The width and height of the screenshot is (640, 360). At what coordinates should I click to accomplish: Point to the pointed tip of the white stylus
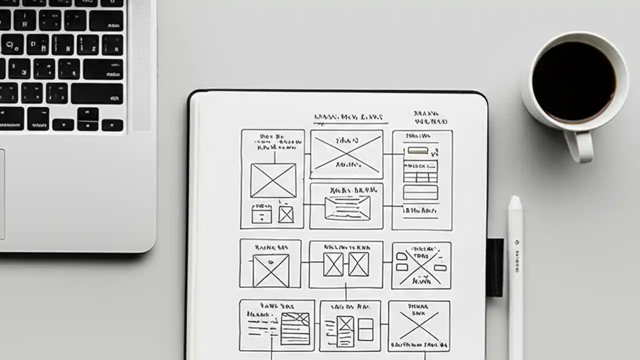click(x=514, y=198)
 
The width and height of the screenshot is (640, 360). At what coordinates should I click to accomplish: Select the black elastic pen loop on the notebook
click(x=495, y=267)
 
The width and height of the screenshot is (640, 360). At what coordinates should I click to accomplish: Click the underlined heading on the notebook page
click(x=350, y=117)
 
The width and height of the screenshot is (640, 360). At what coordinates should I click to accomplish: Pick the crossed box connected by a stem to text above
click(x=273, y=180)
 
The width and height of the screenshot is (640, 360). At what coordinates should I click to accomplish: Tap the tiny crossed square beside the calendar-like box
click(x=286, y=214)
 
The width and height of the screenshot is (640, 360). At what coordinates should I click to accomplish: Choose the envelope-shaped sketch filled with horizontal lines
click(x=347, y=207)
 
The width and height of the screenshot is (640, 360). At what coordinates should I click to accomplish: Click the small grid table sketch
click(x=420, y=171)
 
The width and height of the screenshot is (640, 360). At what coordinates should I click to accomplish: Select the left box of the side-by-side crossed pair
click(x=333, y=264)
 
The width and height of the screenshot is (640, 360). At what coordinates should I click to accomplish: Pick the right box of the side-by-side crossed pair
click(x=358, y=264)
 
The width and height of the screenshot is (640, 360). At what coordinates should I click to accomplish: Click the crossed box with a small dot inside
click(x=271, y=270)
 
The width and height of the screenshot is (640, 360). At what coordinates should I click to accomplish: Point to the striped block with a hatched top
click(x=295, y=328)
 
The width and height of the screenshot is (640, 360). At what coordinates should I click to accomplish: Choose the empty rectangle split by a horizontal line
click(x=365, y=329)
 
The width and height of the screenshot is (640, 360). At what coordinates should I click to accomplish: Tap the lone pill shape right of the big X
click(x=440, y=267)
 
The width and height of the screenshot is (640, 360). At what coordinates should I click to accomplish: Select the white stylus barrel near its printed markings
click(x=516, y=255)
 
